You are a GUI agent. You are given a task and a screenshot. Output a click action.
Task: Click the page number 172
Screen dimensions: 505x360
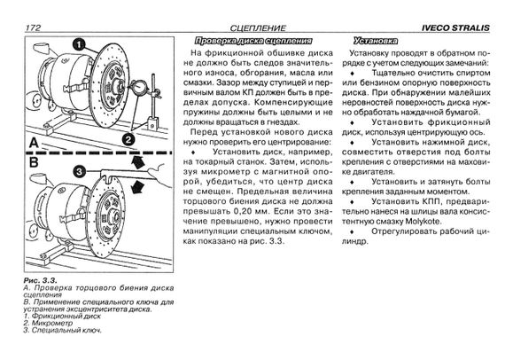pyautogui.click(x=33, y=27)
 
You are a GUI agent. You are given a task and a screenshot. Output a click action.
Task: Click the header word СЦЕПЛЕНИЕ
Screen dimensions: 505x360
pyautogui.click(x=258, y=28)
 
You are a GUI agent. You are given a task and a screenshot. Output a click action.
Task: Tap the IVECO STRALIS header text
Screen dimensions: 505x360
pyautogui.click(x=455, y=28)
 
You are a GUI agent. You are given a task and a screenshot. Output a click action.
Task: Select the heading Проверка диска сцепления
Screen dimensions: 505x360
pyautogui.click(x=253, y=41)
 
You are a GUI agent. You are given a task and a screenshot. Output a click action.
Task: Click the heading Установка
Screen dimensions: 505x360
pyautogui.click(x=376, y=41)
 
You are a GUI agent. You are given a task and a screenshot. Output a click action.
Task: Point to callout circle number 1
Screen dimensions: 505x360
pyautogui.click(x=79, y=45)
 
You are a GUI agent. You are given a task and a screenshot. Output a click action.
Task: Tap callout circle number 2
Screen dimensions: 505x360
pyautogui.click(x=128, y=139)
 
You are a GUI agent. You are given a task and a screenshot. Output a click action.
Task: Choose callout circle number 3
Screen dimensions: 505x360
pyautogui.click(x=79, y=172)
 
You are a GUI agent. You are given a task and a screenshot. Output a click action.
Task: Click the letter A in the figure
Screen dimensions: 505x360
pyautogui.click(x=34, y=143)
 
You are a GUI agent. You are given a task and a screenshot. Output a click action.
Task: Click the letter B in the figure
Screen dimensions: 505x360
pyautogui.click(x=34, y=163)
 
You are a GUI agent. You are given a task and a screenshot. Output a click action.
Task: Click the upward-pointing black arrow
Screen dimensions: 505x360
pyautogui.click(x=138, y=161)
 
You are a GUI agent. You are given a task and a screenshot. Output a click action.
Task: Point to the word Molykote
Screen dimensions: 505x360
pyautogui.click(x=423, y=222)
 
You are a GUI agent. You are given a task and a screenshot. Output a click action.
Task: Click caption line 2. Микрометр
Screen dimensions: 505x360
pyautogui.click(x=48, y=323)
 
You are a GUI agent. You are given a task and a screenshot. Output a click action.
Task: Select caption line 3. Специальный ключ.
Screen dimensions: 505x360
pyautogui.click(x=63, y=331)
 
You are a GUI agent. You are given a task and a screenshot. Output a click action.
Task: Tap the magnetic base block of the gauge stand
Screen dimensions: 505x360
pyautogui.click(x=153, y=124)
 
